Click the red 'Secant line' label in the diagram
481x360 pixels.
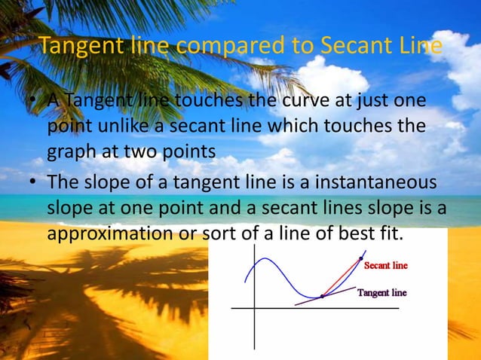386,266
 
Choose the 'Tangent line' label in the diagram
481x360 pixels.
382,293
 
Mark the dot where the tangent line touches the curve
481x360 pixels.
322,296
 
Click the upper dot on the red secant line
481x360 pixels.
361,259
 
